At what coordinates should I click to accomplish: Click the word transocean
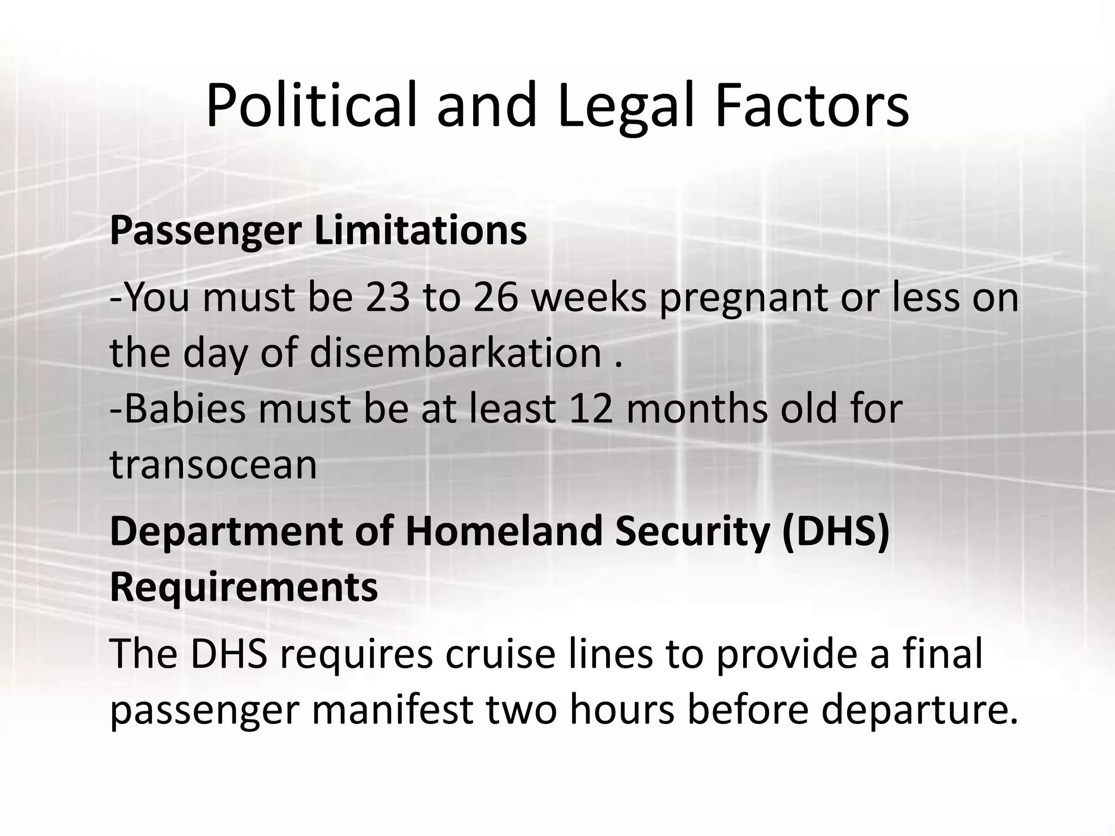click(213, 465)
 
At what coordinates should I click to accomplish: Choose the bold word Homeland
click(504, 531)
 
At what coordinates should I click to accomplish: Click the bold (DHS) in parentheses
click(835, 532)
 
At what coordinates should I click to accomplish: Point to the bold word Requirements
click(244, 588)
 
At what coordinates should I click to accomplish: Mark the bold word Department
click(225, 532)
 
